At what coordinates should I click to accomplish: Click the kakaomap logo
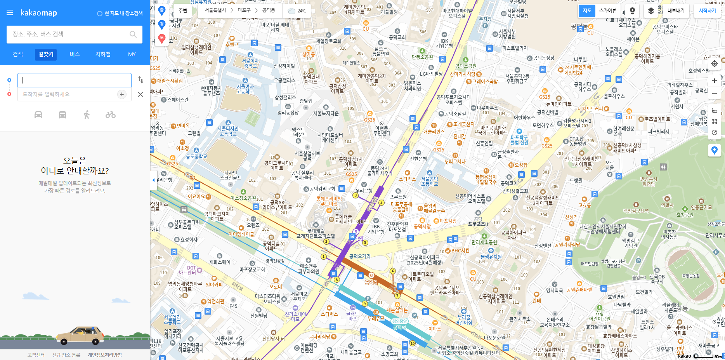pos(38,13)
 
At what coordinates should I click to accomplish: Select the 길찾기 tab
pos(46,54)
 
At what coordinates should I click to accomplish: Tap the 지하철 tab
pos(103,54)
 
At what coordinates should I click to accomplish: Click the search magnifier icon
pos(133,34)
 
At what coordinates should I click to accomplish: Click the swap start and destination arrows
pos(140,80)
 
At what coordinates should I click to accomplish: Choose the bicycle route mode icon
pos(111,115)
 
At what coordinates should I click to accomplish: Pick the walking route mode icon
pos(87,115)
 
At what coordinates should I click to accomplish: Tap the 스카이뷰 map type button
pos(607,10)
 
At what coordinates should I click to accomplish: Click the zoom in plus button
pos(714,81)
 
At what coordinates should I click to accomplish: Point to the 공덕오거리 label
pos(360,256)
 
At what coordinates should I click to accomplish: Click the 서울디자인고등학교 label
pos(228,131)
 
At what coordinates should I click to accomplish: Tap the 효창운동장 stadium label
pos(691,276)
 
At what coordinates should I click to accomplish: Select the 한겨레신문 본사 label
pos(624,131)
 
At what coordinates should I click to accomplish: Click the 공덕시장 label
pos(422,226)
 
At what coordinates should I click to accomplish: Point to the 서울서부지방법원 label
pos(507,34)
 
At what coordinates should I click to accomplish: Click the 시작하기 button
pos(707,10)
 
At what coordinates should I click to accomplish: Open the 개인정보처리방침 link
pos(104,355)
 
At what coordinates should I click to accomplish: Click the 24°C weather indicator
pos(298,10)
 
